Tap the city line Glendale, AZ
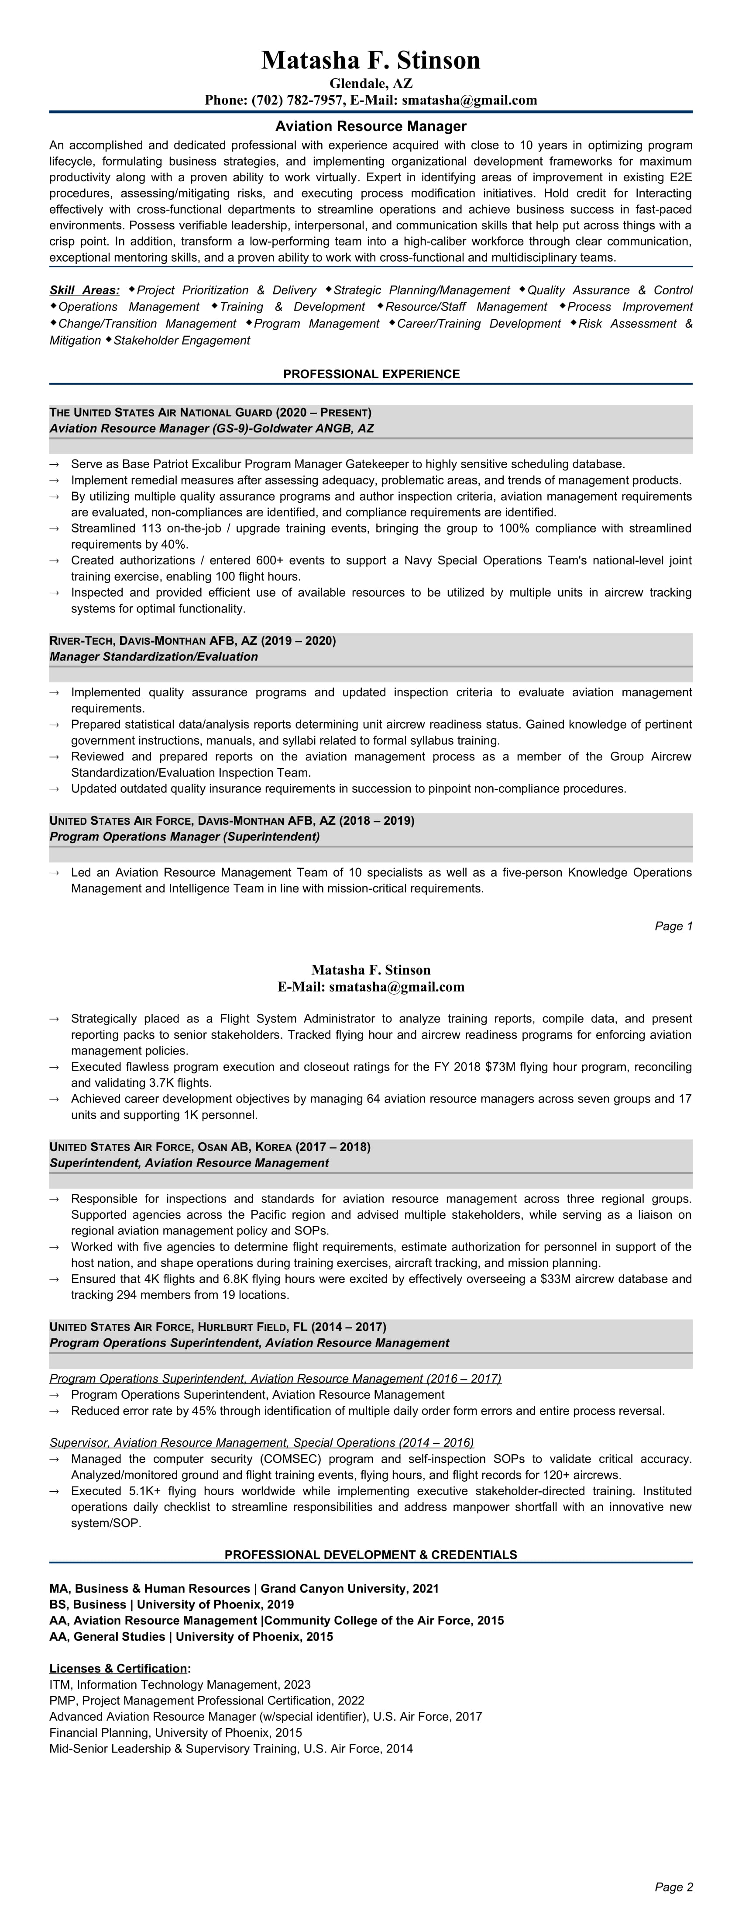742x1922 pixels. (x=371, y=83)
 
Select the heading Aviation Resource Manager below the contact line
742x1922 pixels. (x=371, y=127)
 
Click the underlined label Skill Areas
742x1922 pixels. (x=84, y=290)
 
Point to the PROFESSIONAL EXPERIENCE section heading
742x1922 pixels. (x=371, y=374)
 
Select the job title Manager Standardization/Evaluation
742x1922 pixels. (x=154, y=657)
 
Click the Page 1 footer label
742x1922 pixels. (x=673, y=926)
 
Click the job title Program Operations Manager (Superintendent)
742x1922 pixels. (x=184, y=837)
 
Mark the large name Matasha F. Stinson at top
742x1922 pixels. (x=371, y=60)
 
